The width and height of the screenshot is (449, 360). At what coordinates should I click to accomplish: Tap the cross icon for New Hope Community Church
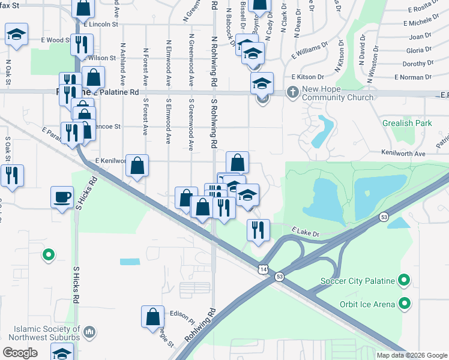coord(292,92)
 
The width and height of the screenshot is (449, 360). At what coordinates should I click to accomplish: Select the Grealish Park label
coord(406,123)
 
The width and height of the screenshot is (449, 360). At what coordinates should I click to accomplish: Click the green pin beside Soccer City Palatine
coord(405,280)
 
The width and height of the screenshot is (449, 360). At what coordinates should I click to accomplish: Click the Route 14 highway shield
coord(263,270)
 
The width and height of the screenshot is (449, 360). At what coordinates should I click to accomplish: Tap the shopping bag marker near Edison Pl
coord(153,316)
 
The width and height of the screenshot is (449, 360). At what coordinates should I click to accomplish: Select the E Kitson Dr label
coord(307,77)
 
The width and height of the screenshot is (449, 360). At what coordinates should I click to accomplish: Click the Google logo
coord(20,353)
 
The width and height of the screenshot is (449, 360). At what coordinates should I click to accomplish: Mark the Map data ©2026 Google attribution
coord(411,355)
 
